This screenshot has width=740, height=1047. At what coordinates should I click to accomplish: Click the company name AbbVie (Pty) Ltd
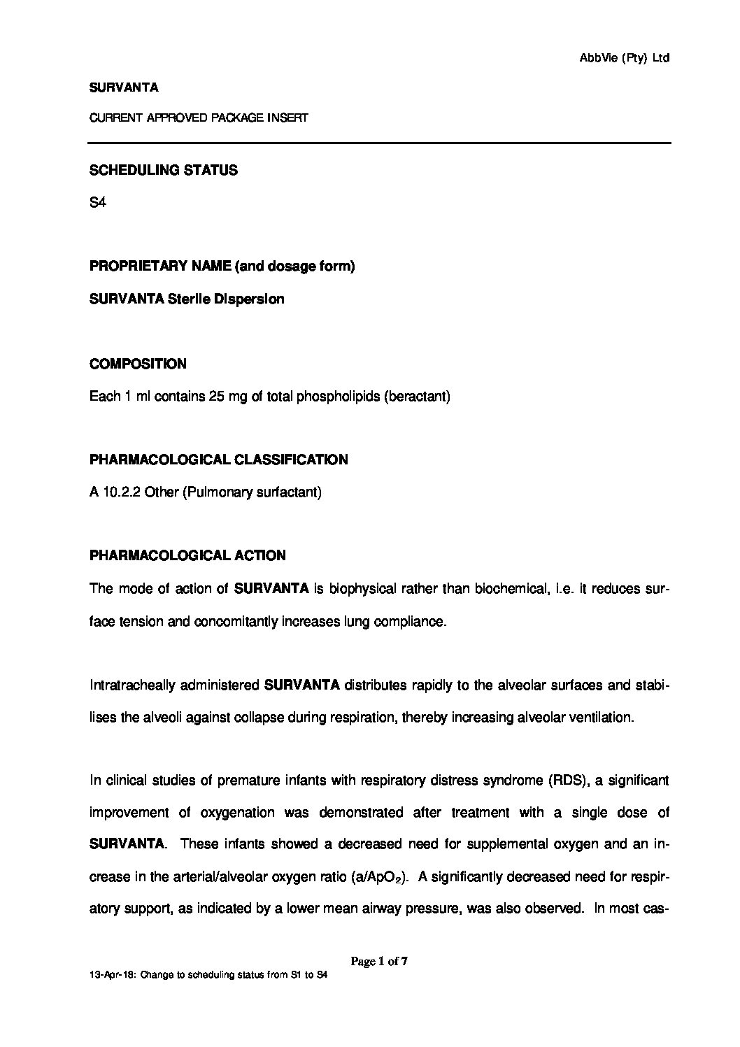(x=625, y=59)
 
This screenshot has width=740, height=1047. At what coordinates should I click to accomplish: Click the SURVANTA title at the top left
(x=124, y=87)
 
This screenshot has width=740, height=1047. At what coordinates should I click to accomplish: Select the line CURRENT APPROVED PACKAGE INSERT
(x=199, y=118)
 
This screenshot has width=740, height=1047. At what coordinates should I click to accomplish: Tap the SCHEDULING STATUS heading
(x=164, y=170)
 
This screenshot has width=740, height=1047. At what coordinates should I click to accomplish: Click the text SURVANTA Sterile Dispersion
(x=187, y=299)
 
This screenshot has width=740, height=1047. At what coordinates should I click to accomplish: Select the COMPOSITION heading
(x=138, y=364)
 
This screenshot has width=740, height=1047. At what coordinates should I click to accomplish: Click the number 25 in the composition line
(x=215, y=397)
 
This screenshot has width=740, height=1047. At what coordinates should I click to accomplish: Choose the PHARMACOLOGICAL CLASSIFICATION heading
(x=218, y=460)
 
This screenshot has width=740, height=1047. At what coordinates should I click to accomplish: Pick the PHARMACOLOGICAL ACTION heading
(x=187, y=555)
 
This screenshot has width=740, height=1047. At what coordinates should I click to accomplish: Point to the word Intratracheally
(x=132, y=685)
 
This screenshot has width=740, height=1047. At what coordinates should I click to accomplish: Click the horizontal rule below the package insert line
(x=378, y=143)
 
